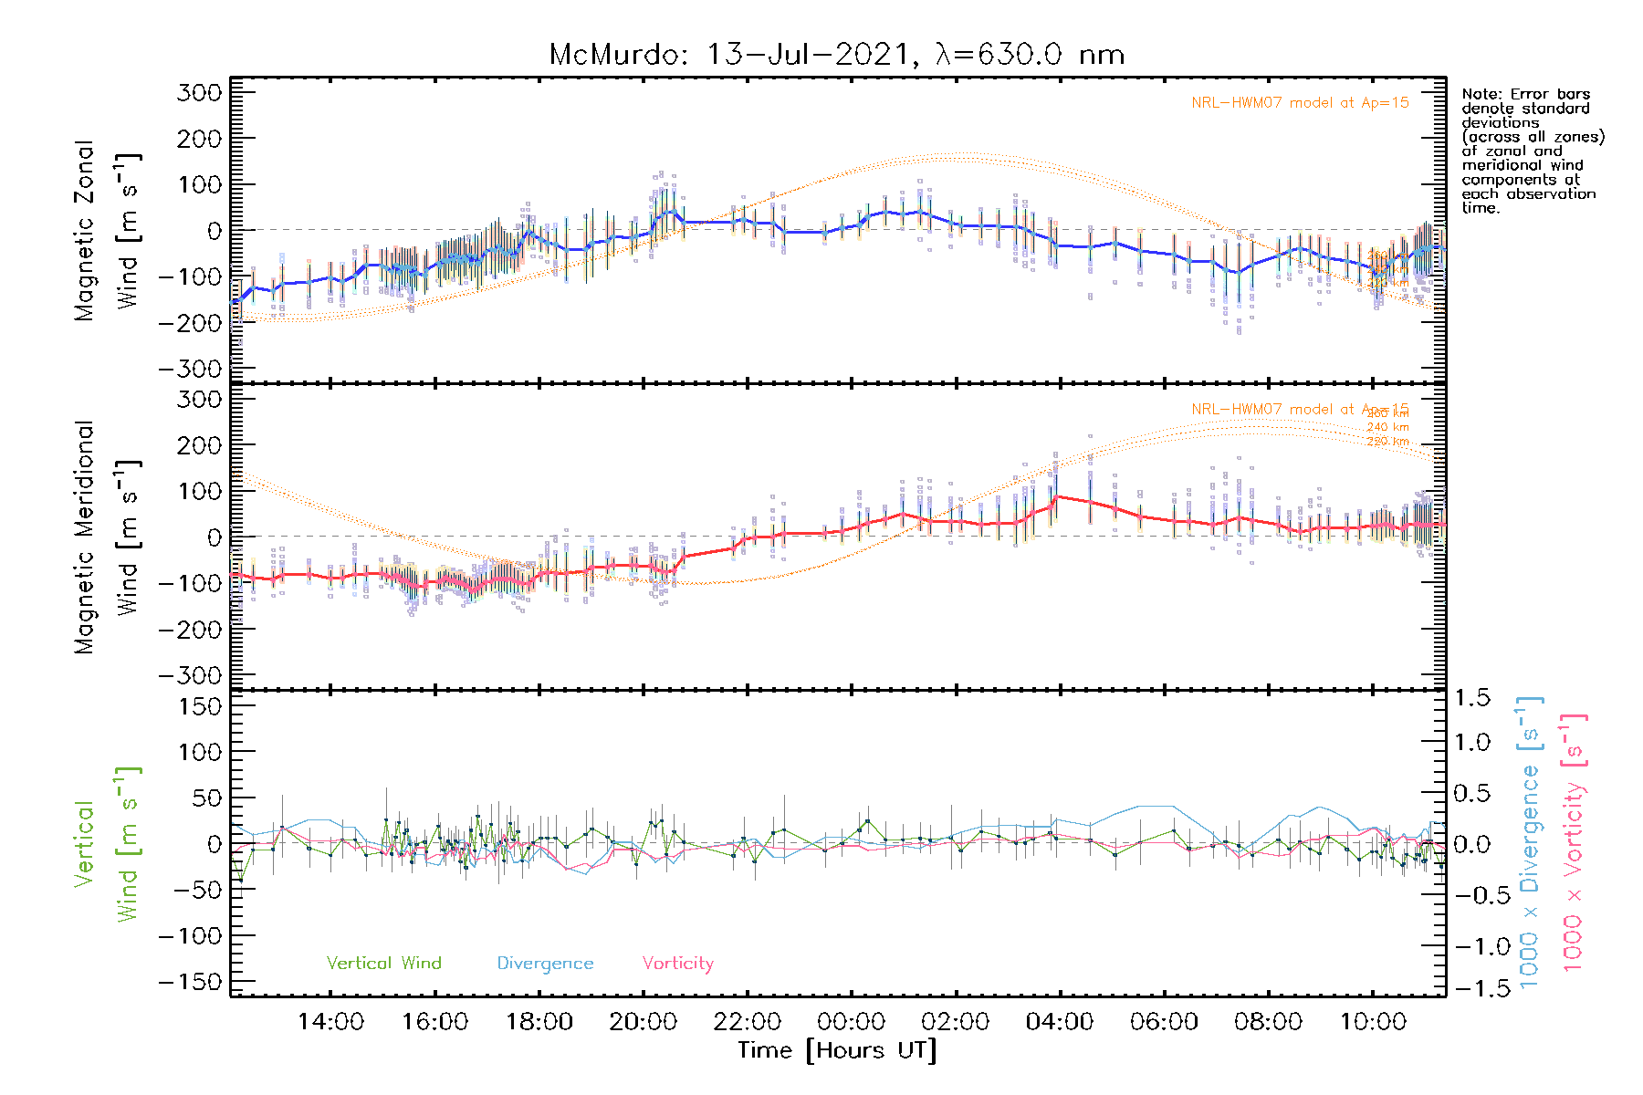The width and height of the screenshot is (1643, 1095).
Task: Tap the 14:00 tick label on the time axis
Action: coord(330,1021)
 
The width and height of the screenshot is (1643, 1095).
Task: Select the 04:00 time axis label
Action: coord(1059,1021)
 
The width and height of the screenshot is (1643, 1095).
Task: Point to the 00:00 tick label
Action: coord(851,1021)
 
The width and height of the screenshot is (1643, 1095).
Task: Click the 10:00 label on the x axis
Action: coord(1372,1021)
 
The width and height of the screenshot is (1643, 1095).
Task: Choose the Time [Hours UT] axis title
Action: coord(837,1050)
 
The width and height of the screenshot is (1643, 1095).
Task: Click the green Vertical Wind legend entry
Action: coord(383,963)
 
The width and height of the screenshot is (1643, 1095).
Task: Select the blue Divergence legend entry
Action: coord(545,964)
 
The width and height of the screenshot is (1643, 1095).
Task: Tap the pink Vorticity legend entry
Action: coord(677,963)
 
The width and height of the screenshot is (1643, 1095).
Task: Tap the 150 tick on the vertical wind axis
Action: coord(200,706)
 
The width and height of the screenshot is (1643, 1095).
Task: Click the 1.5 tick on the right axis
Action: coord(1471,698)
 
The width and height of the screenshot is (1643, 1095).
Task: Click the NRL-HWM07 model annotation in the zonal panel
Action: coord(1300,103)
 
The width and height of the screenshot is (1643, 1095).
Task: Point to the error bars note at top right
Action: coord(1533,151)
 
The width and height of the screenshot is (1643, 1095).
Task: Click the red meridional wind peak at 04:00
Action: coord(1056,497)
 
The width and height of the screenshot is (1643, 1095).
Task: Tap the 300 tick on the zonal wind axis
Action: coord(200,92)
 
